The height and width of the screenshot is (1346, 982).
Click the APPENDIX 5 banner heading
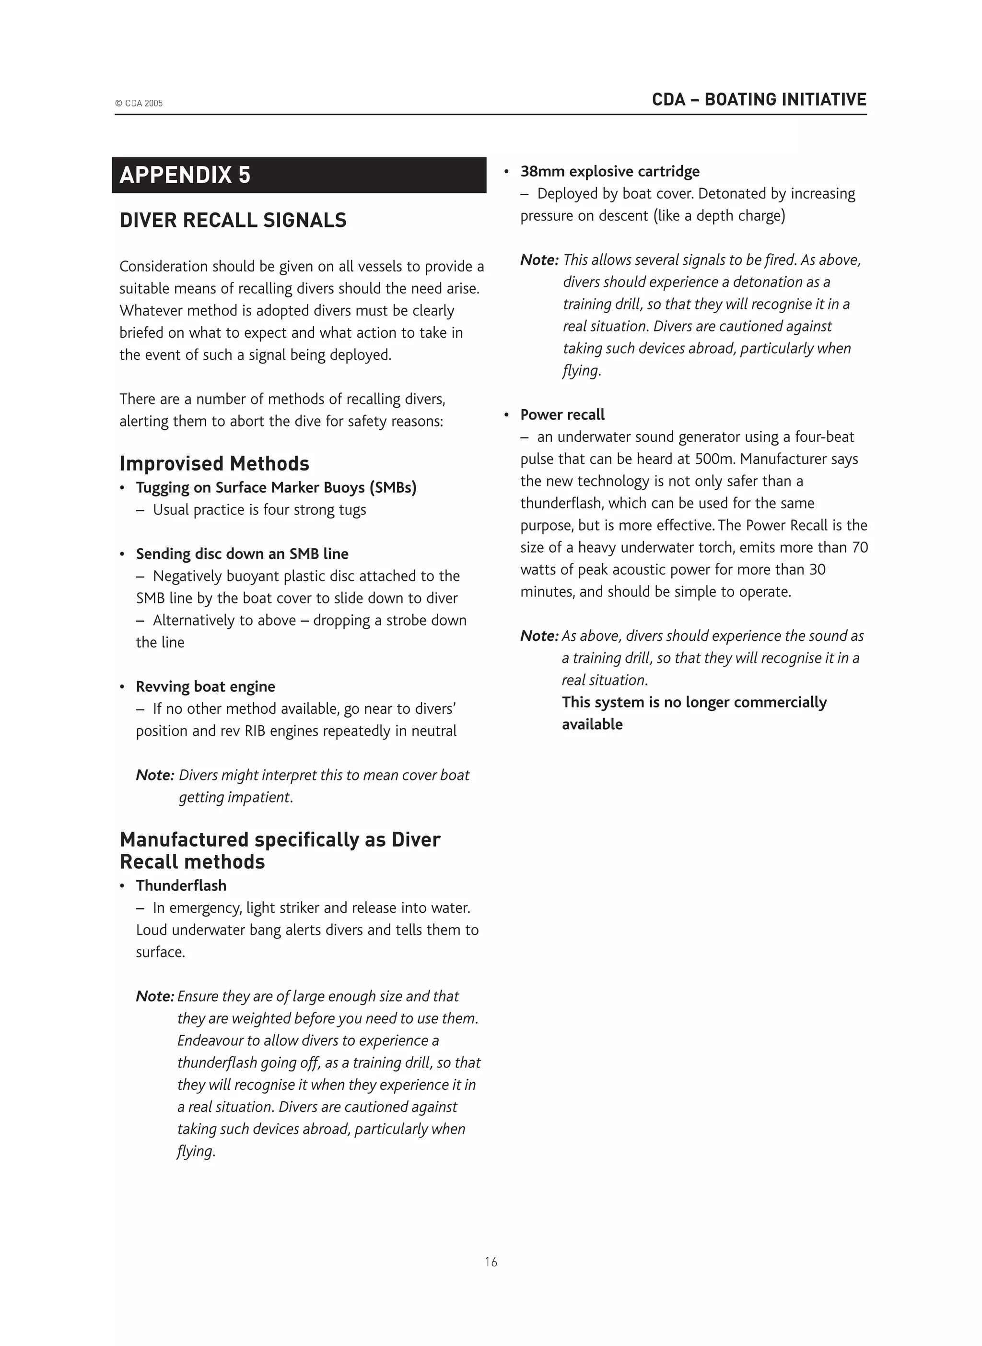click(x=185, y=176)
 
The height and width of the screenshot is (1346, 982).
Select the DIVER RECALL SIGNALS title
click(x=233, y=221)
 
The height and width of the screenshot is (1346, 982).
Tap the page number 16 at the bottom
click(x=491, y=1262)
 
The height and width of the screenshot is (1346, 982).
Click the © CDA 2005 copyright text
click(x=139, y=104)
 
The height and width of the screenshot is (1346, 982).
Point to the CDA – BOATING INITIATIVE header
click(x=759, y=99)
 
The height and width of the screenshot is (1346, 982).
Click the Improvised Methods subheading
click(x=214, y=464)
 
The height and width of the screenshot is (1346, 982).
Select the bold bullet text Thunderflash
click(x=181, y=886)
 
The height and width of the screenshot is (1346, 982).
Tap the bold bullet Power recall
click(x=562, y=415)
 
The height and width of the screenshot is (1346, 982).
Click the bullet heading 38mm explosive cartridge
click(x=610, y=172)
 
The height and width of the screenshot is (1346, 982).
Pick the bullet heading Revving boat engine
click(x=205, y=687)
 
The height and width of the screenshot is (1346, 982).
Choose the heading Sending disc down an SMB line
click(x=242, y=554)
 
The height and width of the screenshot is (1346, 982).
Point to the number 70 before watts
click(x=860, y=547)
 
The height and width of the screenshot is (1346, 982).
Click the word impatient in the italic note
click(x=260, y=797)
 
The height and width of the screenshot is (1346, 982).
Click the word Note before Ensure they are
click(x=153, y=996)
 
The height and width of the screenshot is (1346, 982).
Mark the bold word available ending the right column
click(x=592, y=725)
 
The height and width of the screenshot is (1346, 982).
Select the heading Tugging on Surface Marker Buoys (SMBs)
click(x=276, y=488)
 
